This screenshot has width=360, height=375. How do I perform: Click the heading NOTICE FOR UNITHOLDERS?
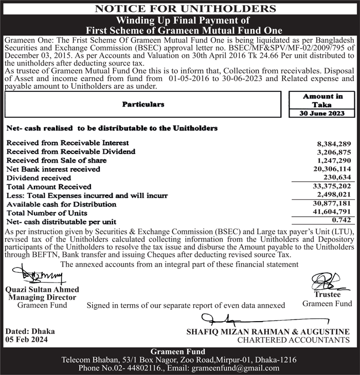click(179, 8)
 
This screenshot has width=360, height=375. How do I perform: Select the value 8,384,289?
click(334, 144)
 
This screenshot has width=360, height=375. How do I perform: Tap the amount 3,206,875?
click(334, 153)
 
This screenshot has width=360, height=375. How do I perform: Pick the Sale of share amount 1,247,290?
click(334, 161)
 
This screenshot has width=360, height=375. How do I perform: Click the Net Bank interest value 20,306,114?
click(332, 169)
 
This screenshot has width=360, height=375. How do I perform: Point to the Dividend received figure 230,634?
click(336, 177)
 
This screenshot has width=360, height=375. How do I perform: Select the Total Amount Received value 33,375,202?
click(332, 186)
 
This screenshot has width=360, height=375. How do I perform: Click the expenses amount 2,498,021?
click(334, 195)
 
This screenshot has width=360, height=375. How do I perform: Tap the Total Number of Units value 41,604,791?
click(332, 204)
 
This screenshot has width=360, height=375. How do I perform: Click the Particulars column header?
click(143, 104)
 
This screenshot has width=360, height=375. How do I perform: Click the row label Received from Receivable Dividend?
click(71, 152)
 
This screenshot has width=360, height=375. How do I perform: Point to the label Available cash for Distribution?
click(61, 204)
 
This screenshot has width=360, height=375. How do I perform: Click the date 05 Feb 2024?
click(26, 340)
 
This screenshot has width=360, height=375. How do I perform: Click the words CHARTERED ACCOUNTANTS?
click(293, 340)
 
